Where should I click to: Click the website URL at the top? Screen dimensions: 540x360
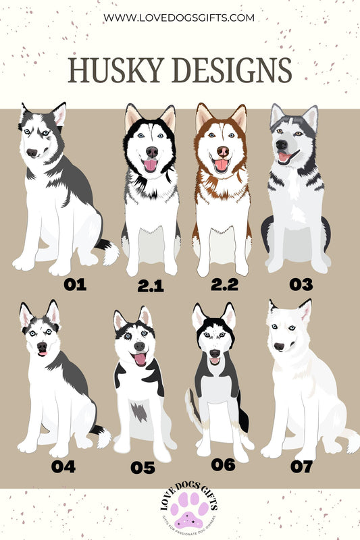180,17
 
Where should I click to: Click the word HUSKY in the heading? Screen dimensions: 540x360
115,70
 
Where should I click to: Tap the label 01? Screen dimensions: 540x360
75,283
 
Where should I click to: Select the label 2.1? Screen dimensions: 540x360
151,286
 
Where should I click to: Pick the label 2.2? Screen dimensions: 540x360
224,285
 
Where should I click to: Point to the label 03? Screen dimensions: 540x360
301,284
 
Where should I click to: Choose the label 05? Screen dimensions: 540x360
143,468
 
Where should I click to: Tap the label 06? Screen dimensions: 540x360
223,464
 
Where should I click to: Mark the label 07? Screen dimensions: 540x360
302,466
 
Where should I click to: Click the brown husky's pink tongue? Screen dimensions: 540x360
220,165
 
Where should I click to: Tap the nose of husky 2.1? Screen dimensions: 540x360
152,151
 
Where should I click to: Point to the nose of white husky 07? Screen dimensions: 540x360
278,346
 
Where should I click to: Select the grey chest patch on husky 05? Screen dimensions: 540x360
139,410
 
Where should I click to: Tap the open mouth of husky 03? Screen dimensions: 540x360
284,157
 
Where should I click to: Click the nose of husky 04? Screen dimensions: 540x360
41,345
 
